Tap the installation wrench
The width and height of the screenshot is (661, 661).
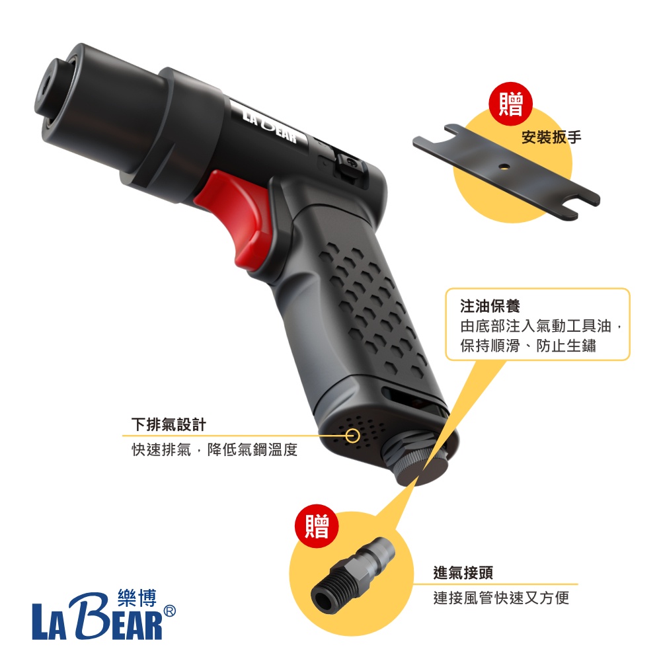(x=506, y=171)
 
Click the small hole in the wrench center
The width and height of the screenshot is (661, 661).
(x=502, y=166)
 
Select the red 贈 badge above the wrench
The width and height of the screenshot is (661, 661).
(x=510, y=104)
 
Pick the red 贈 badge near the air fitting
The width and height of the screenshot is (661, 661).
(x=317, y=525)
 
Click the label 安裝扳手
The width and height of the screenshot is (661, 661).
(x=551, y=137)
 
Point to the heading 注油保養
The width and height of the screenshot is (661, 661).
(x=490, y=306)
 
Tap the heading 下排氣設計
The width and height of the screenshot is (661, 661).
(x=169, y=424)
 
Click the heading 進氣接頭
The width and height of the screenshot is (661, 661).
(x=463, y=572)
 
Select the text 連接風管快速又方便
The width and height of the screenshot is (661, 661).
(x=501, y=598)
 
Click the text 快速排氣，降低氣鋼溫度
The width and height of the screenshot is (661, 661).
(x=215, y=449)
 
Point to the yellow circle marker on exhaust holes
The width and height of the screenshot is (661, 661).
(x=352, y=436)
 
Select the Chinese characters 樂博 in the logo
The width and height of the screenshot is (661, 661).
(x=137, y=598)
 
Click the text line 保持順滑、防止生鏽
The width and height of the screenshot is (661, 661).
(x=527, y=346)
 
